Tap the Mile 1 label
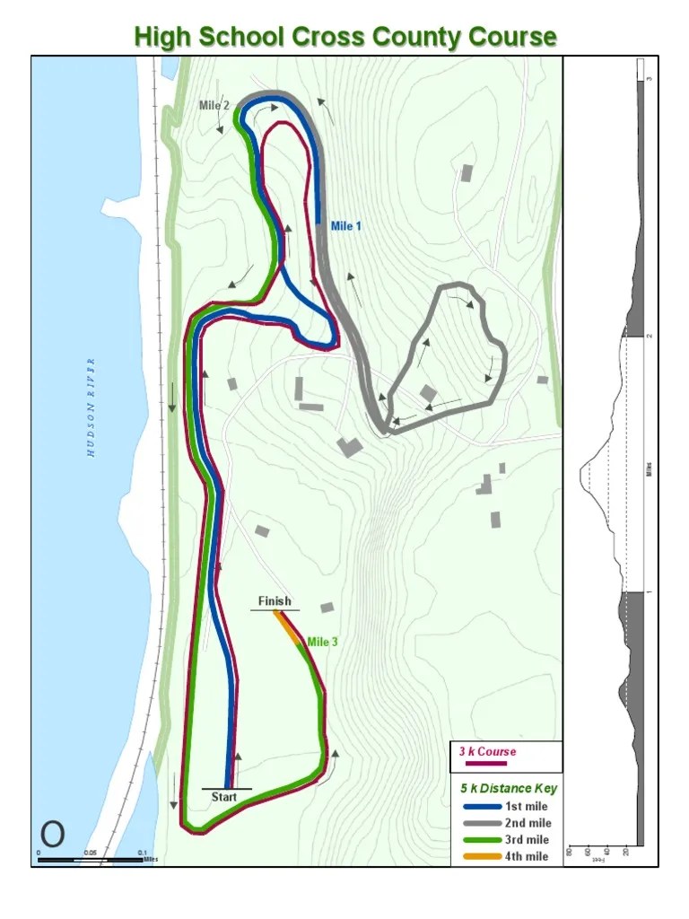[x=346, y=226]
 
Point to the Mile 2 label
[x=214, y=105]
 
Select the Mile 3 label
[x=322, y=642]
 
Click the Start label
[x=224, y=796]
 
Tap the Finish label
[x=275, y=601]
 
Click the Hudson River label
[x=91, y=407]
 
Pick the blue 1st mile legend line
[x=482, y=806]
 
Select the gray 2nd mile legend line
[x=482, y=823]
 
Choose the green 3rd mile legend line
[x=482, y=840]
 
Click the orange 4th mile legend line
[x=482, y=856]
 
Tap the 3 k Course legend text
[x=487, y=751]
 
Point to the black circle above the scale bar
[x=52, y=834]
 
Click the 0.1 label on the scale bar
[x=142, y=853]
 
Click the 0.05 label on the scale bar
[x=90, y=853]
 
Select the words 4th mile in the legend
[x=527, y=856]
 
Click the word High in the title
[x=162, y=37]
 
